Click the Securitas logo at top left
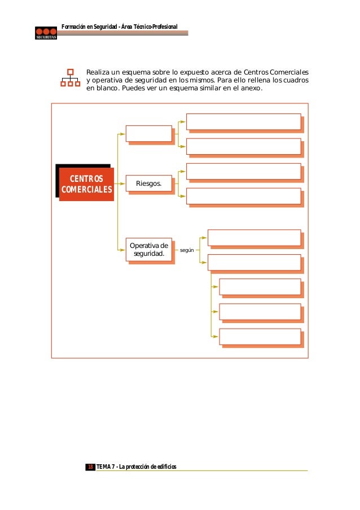coord(46,33)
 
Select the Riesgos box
coord(149,184)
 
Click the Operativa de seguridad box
coord(149,249)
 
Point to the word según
coord(186,249)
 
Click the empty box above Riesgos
coord(149,133)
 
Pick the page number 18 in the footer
coord(90,467)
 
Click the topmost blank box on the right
coord(243,121)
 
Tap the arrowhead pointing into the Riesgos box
coord(123,184)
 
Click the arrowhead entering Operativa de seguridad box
coord(123,249)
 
